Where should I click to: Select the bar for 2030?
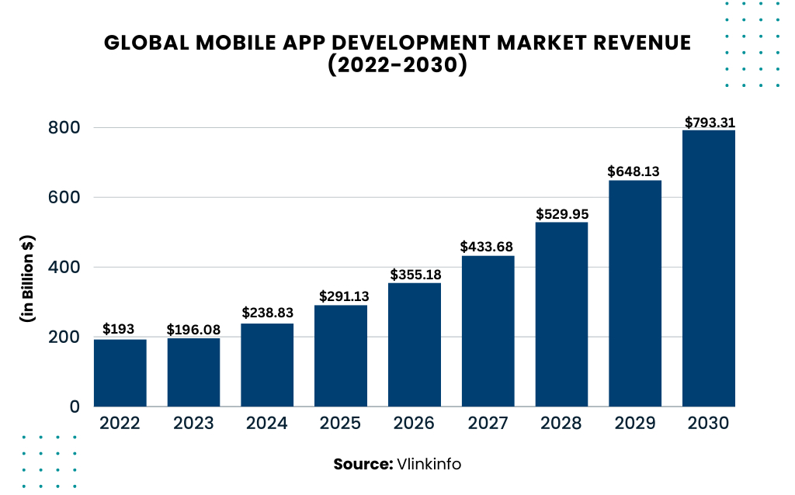708,268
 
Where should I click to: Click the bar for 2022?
120,372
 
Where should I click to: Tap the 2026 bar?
414,344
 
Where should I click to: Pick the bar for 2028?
561,314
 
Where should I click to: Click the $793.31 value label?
709,123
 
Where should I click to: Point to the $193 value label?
120,330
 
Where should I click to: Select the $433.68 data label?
487,247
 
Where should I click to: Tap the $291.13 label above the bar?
340,296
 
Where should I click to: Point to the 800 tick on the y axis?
64,127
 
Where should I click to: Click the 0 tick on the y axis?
75,407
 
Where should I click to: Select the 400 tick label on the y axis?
64,267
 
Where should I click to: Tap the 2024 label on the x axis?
266,424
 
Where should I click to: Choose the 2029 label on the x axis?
635,424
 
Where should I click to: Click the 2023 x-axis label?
193,424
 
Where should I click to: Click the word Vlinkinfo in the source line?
429,464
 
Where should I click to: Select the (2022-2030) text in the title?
397,66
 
